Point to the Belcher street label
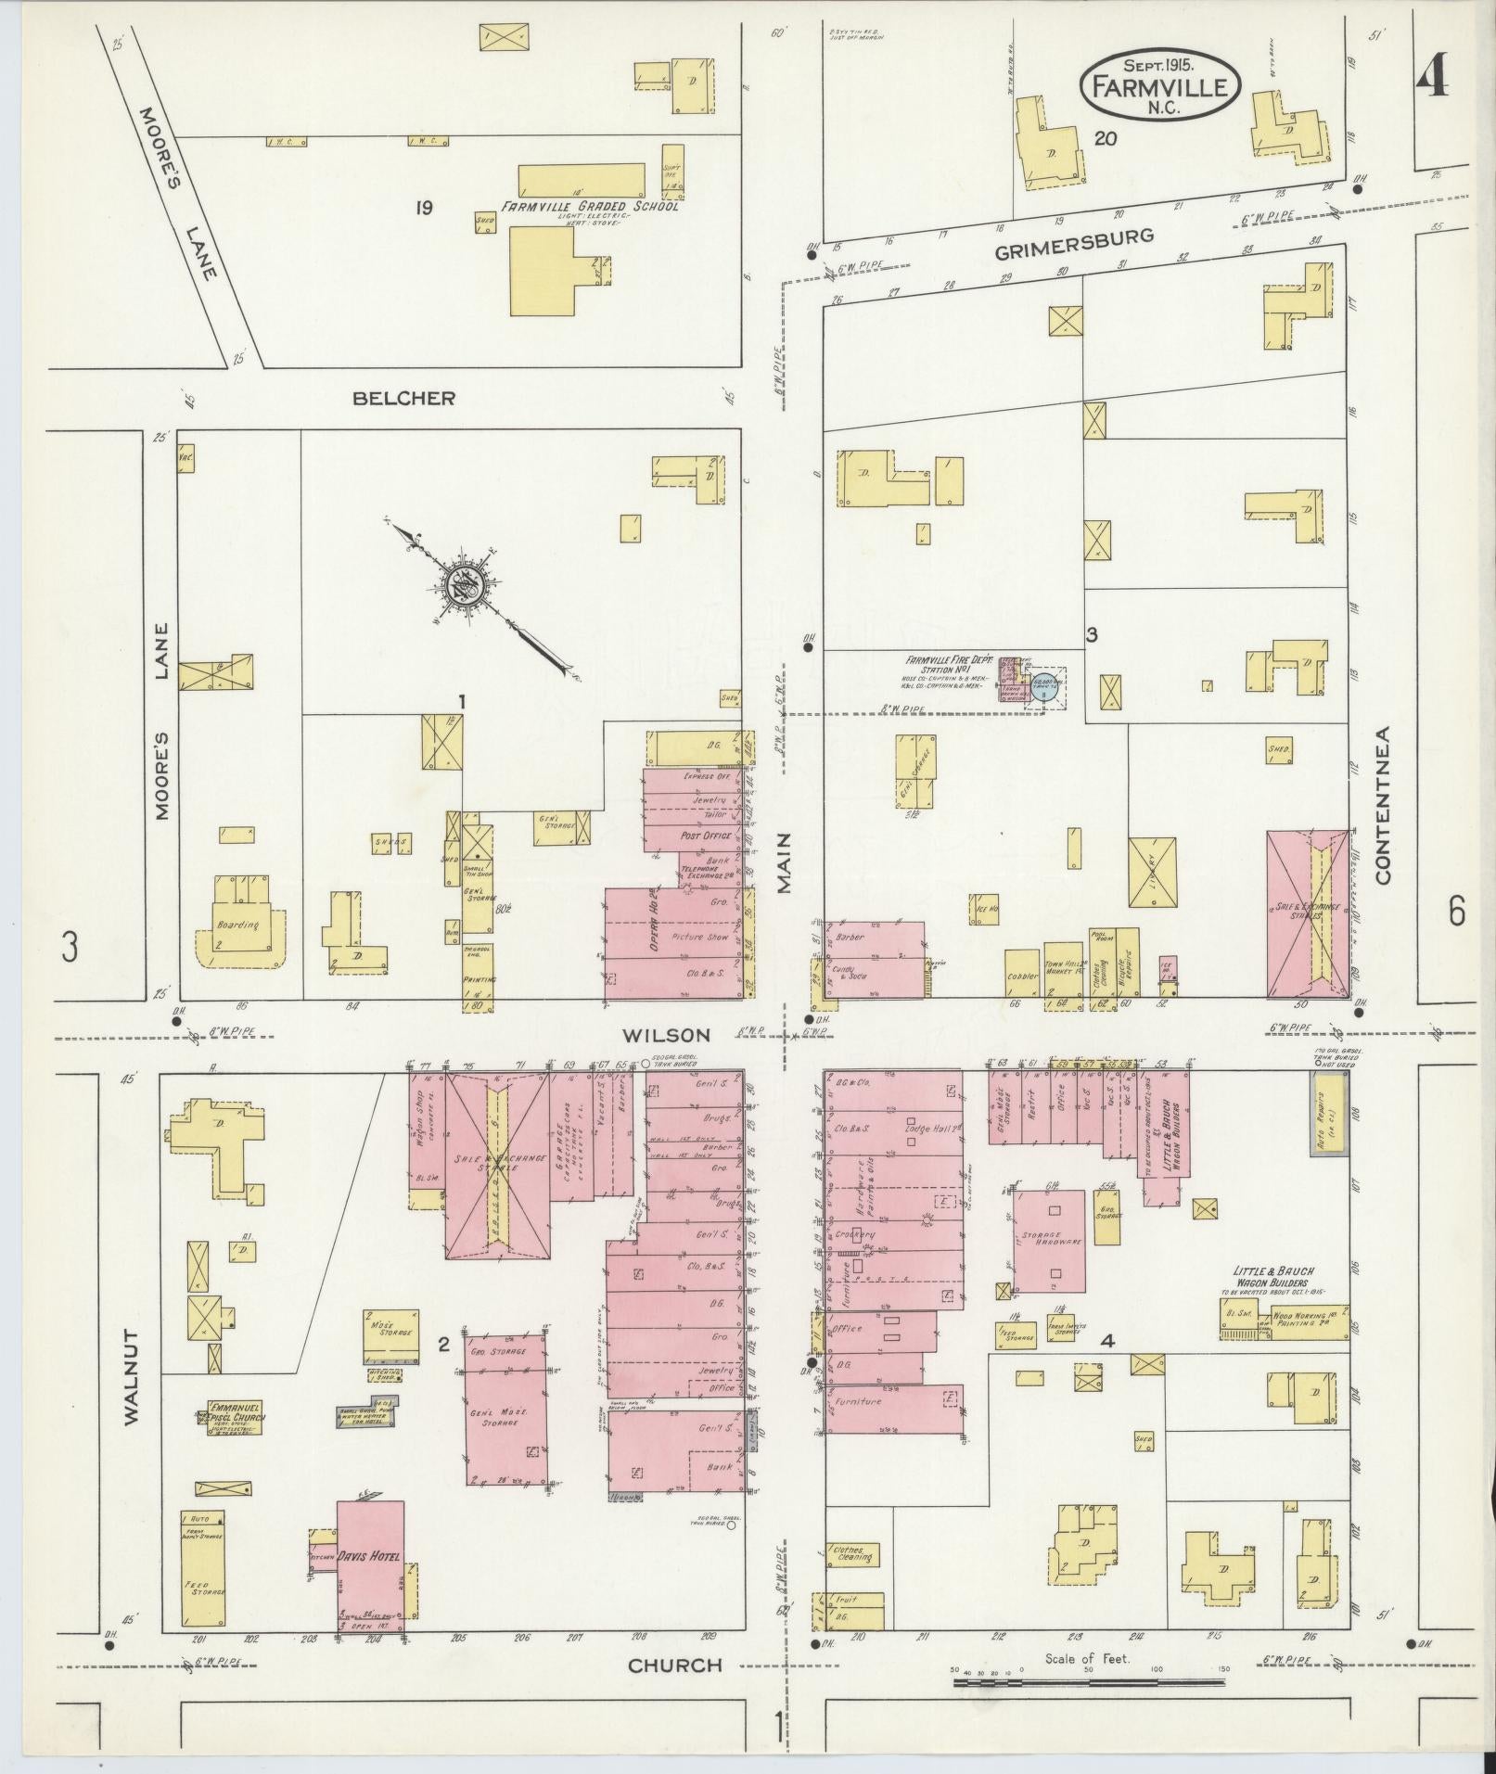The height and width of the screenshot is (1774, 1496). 403,398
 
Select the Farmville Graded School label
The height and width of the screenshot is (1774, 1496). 591,206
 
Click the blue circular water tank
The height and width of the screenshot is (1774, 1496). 1045,686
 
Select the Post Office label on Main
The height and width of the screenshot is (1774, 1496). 700,835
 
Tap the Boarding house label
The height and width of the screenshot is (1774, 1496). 237,925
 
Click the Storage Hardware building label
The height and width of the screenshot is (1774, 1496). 1048,1242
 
